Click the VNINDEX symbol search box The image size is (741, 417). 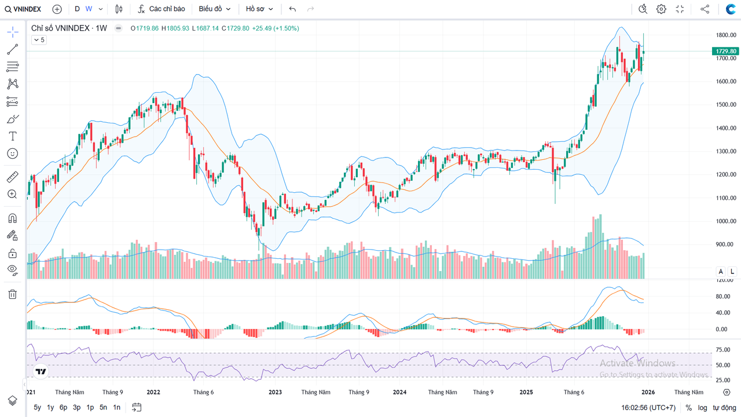click(x=23, y=9)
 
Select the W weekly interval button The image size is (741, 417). click(x=89, y=9)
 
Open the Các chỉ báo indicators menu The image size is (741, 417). click(x=162, y=9)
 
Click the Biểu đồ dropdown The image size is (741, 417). click(x=214, y=9)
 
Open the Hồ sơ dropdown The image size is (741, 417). click(x=259, y=9)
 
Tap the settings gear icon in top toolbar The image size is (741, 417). click(x=661, y=9)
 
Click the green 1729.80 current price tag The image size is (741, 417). click(x=725, y=52)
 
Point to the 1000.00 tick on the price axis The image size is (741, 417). click(x=725, y=221)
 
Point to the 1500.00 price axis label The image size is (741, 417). click(x=725, y=105)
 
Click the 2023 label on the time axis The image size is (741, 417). click(x=275, y=392)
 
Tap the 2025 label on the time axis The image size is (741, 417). click(x=526, y=392)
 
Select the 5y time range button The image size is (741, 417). click(x=38, y=407)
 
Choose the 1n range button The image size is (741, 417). click(x=117, y=407)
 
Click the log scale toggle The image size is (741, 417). click(x=702, y=408)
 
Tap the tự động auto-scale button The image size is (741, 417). click(x=724, y=408)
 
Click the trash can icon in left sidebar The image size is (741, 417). click(x=12, y=294)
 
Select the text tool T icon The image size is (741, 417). click(x=12, y=136)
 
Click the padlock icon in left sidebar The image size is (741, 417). click(x=12, y=253)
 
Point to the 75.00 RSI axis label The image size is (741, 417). click(x=722, y=350)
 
